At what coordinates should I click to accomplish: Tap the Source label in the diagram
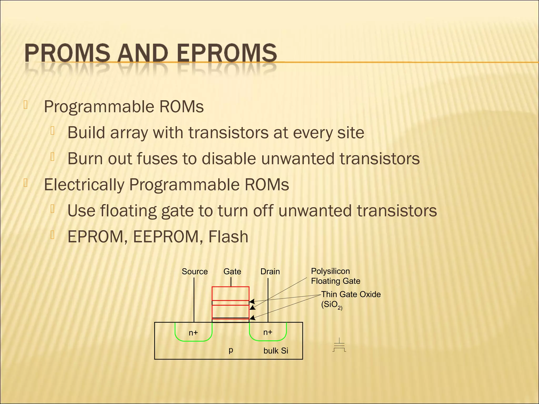tap(195, 271)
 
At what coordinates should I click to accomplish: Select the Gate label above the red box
tap(232, 271)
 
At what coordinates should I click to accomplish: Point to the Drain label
tap(270, 271)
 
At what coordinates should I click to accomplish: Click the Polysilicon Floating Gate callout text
tap(335, 276)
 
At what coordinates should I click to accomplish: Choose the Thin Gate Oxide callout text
tap(351, 294)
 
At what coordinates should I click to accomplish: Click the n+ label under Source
tap(193, 333)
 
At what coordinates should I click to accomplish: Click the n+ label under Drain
tap(268, 332)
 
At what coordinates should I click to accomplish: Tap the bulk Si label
tap(276, 351)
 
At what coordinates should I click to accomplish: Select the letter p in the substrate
tap(231, 350)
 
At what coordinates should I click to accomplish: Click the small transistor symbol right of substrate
tap(339, 345)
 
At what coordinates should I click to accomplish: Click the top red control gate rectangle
tap(230, 293)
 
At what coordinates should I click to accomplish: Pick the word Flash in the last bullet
tap(228, 237)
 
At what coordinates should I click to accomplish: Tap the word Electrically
tap(84, 185)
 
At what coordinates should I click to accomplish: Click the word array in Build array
tap(129, 133)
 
